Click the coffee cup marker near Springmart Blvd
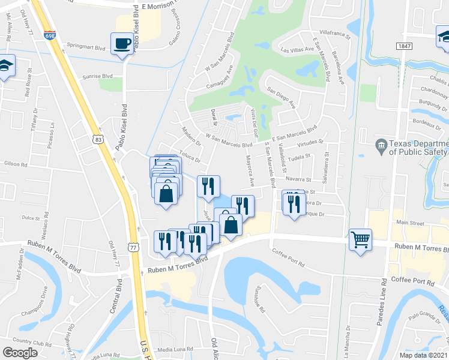pos(123,44)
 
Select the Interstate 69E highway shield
pos(50,35)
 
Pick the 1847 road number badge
pos(403,46)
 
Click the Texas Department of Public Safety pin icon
pos(380,145)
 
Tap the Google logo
pos(20,352)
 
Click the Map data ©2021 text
pos(423,355)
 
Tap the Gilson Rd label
pos(15,164)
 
